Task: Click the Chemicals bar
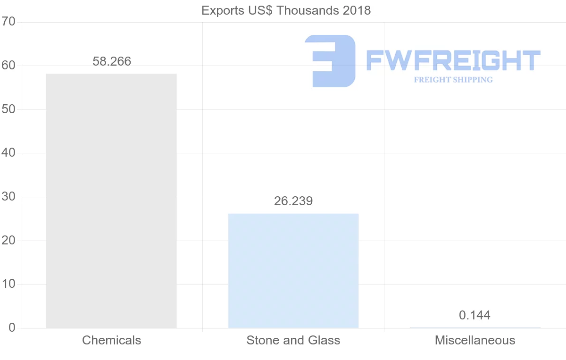(111, 201)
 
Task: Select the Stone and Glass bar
(293, 270)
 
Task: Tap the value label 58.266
(112, 61)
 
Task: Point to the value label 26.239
(293, 201)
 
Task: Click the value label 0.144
(474, 315)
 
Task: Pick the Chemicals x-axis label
(111, 340)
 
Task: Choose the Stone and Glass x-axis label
(293, 340)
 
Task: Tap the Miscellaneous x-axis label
(475, 340)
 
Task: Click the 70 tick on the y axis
(8, 22)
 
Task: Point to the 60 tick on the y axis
(8, 66)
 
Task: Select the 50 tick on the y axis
(8, 109)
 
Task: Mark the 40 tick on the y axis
(8, 153)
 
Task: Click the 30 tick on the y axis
(8, 197)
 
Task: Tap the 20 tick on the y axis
(8, 241)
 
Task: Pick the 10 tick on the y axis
(8, 284)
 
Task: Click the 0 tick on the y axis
(12, 328)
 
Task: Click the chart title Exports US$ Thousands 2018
(286, 10)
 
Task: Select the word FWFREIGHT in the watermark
(453, 60)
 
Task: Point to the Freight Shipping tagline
(453, 80)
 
